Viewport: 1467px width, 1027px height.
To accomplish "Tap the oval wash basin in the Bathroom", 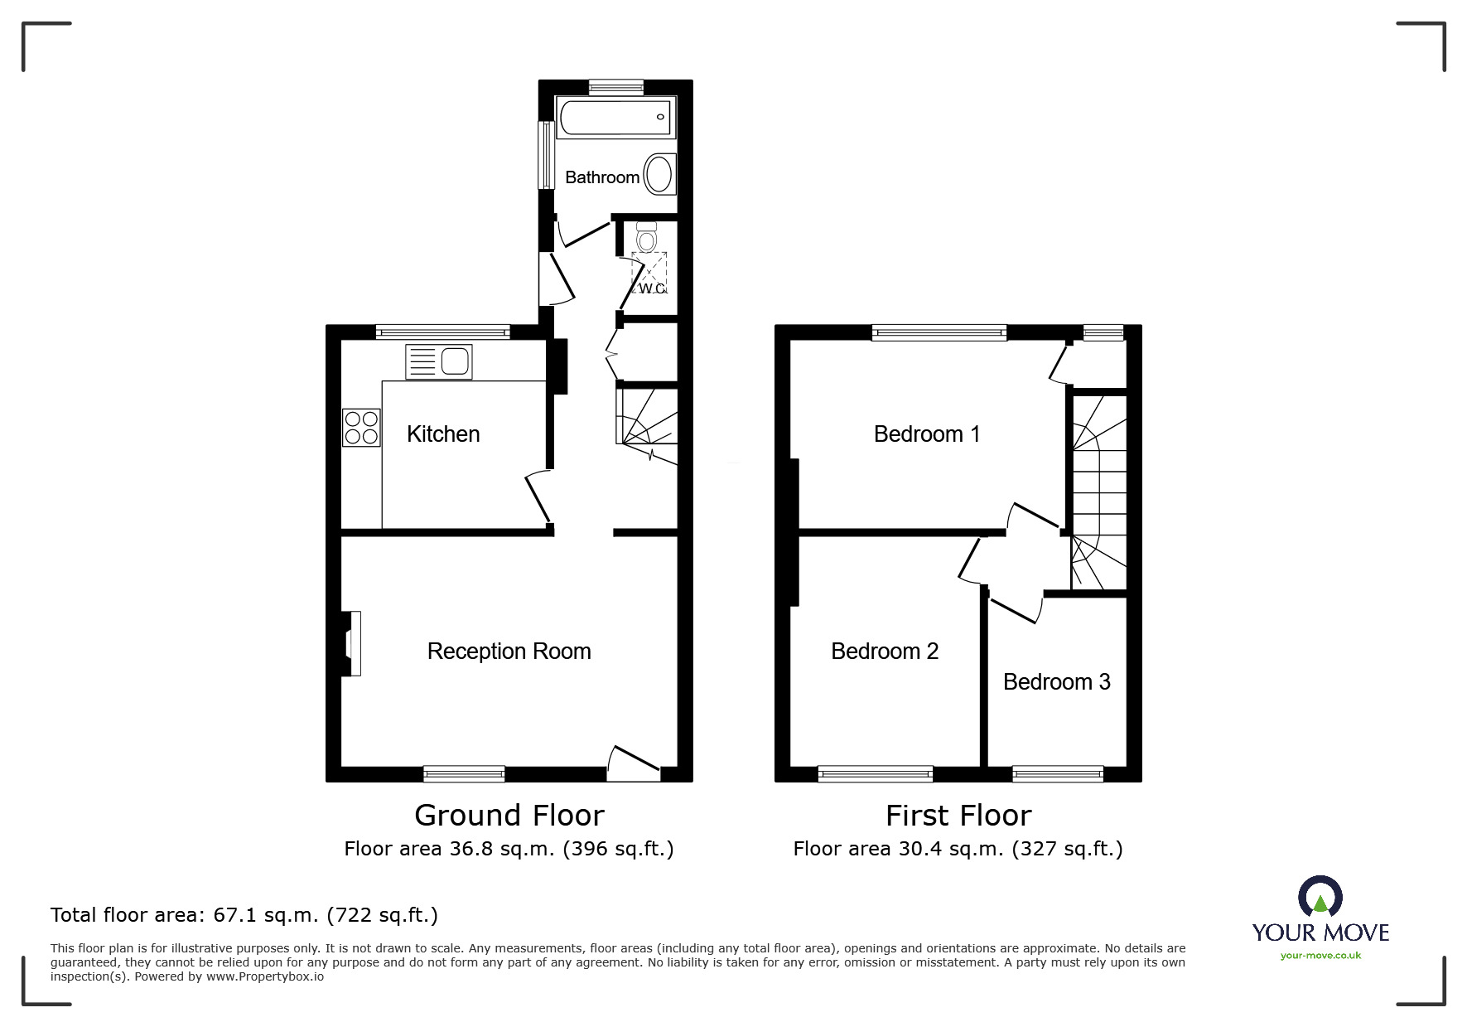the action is (x=659, y=174).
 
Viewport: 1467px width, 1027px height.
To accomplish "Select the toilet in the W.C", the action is (x=647, y=236).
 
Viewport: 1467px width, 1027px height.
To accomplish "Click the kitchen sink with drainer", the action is (x=439, y=362).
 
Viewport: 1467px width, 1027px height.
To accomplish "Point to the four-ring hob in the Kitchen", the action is (x=361, y=428).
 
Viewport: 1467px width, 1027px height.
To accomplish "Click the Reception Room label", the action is (x=509, y=652).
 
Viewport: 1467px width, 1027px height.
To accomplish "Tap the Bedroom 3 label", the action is (x=1056, y=682).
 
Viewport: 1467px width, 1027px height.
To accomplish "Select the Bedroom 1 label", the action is (x=927, y=434).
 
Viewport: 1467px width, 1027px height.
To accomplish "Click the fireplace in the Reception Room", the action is (x=351, y=643).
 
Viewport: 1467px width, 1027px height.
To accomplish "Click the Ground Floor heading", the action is (x=509, y=816).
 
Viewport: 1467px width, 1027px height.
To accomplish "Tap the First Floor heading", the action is (x=958, y=816).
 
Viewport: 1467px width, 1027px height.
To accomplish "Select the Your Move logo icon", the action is (x=1320, y=895).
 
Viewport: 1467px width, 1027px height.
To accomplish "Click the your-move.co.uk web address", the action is (x=1320, y=956).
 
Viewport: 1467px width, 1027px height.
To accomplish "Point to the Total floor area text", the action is (x=244, y=915).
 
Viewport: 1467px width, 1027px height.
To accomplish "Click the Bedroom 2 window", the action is (x=876, y=774).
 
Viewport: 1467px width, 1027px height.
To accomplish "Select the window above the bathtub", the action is (x=616, y=85).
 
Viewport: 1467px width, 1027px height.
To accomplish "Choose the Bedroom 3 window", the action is (x=1058, y=774).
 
